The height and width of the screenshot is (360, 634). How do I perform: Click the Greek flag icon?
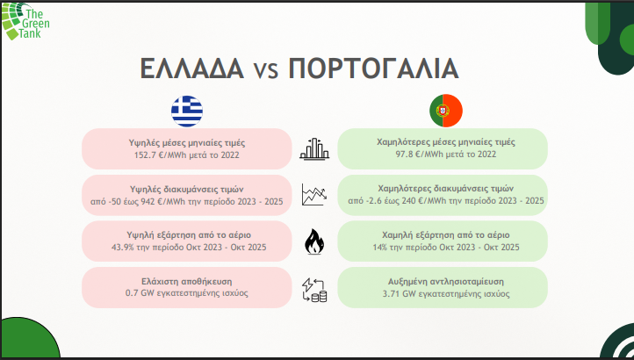coord(186,111)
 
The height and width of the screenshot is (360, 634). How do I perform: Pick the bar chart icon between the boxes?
coord(313,149)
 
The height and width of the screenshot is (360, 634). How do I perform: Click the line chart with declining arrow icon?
coord(313,194)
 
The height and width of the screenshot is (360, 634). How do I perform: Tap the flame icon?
coord(313,241)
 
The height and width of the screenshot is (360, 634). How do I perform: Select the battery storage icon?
coord(313,289)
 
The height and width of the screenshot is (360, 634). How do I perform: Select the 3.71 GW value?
coord(395,293)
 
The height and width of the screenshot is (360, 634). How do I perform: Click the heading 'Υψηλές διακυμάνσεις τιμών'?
coord(185,188)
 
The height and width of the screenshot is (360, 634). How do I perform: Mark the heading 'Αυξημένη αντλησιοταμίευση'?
coord(441,281)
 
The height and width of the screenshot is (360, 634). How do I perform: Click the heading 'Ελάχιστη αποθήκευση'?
coord(185,281)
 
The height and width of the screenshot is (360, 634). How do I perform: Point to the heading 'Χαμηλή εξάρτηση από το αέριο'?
coord(441,234)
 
